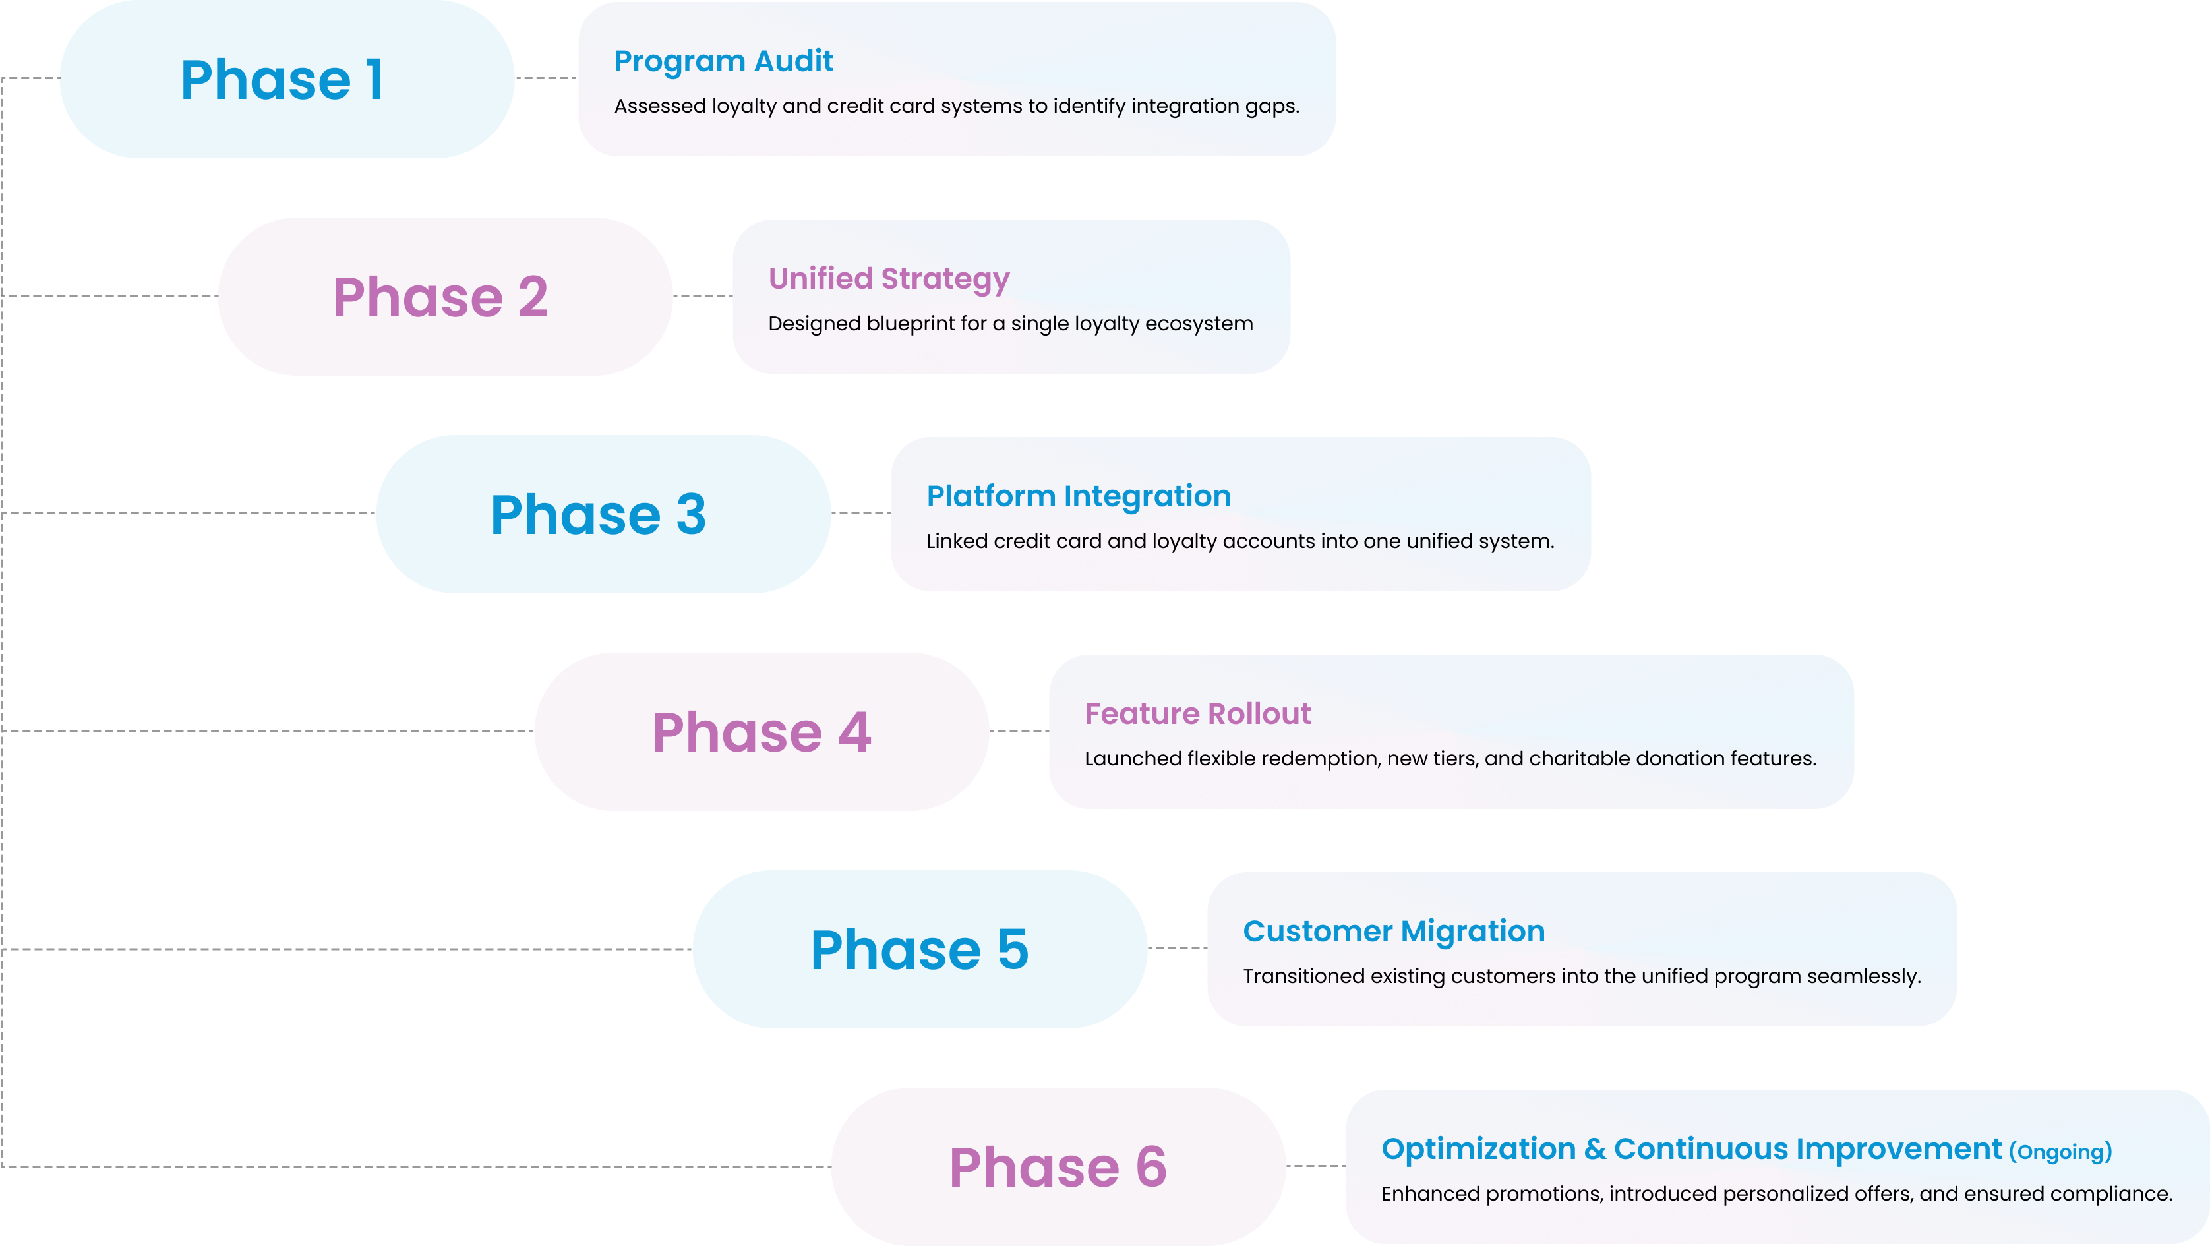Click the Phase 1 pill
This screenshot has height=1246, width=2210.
287,79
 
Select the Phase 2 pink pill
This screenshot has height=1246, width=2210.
444,297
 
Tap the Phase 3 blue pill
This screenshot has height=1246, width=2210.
603,514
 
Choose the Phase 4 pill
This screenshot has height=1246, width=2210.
761,732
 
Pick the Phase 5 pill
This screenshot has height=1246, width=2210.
920,949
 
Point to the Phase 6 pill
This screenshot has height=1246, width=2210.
1058,1167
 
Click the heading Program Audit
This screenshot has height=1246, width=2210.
723,61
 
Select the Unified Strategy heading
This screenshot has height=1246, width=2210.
889,279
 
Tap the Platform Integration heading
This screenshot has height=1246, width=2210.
1079,496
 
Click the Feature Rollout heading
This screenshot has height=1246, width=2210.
1198,714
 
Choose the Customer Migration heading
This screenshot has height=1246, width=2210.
1393,931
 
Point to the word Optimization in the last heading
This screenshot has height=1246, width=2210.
1478,1149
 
